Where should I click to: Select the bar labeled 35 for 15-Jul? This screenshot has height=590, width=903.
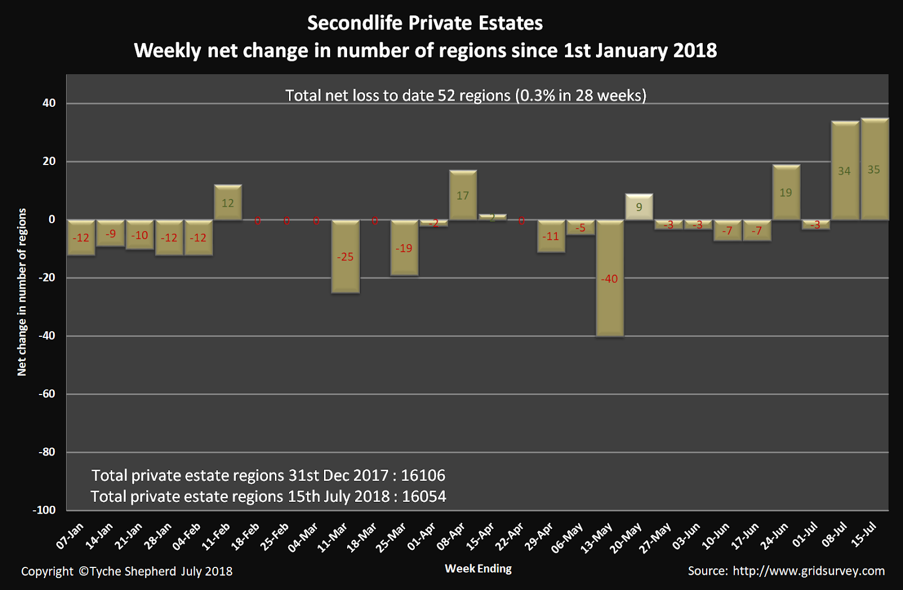point(874,186)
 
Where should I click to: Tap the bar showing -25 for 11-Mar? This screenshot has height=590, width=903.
point(345,271)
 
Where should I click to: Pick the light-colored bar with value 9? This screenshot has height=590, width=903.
point(639,207)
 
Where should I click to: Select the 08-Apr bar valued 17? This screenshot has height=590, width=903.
point(463,203)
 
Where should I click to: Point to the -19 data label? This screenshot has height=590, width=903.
point(404,248)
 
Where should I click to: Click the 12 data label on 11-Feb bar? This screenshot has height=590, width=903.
point(227,203)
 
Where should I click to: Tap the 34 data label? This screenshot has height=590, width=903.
point(844,171)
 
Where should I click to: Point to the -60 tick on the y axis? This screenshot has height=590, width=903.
point(47,394)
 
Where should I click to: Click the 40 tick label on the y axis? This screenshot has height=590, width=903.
point(49,103)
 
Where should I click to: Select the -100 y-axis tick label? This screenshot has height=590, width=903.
point(44,510)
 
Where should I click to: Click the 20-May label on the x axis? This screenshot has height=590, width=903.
point(626,537)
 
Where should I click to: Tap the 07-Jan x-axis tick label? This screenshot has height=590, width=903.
point(70,536)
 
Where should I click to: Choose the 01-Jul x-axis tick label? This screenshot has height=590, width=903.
point(805,535)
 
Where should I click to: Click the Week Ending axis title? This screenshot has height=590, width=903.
point(478,569)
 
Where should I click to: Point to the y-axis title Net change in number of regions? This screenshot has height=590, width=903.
point(22,292)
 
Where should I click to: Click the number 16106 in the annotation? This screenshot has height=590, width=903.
point(423,475)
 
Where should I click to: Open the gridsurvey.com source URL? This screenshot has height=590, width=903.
point(808,571)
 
